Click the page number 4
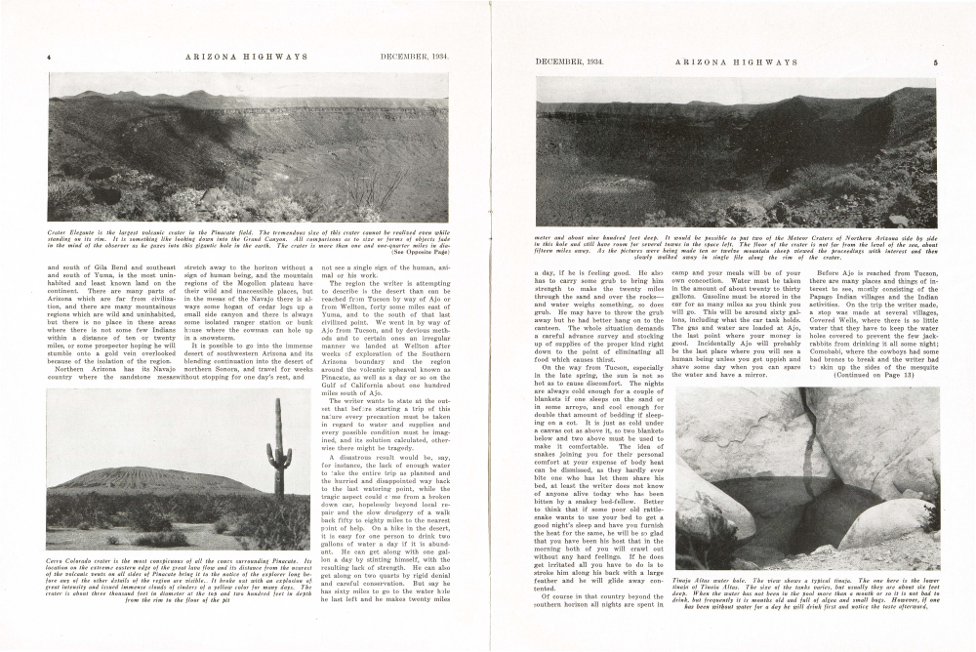tap(49, 57)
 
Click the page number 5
tap(934, 62)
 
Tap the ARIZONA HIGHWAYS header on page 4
tap(246, 57)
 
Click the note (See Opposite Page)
tap(420, 252)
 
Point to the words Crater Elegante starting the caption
tap(70, 232)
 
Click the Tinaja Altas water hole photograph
tap(806, 478)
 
